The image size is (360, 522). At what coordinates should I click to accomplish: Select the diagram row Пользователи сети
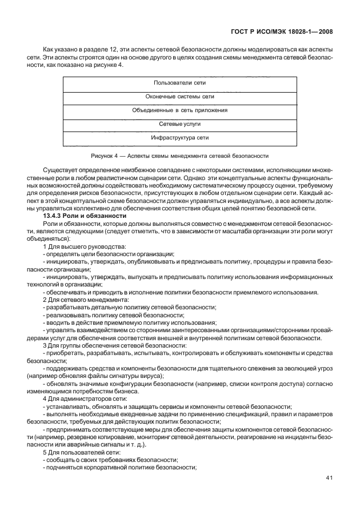pyautogui.click(x=180, y=83)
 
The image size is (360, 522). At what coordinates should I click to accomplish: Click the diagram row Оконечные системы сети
pyautogui.click(x=180, y=97)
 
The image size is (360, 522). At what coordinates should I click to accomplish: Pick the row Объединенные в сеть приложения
pyautogui.click(x=180, y=110)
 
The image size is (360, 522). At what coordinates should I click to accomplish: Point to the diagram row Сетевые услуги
pyautogui.click(x=180, y=123)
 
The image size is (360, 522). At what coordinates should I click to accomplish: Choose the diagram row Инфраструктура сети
pyautogui.click(x=180, y=138)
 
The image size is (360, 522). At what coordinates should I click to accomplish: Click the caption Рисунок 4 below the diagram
pyautogui.click(x=179, y=156)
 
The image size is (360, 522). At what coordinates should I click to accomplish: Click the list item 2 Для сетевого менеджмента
pyautogui.click(x=83, y=300)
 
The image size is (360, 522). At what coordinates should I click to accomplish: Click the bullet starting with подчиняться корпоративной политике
pyautogui.click(x=119, y=468)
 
